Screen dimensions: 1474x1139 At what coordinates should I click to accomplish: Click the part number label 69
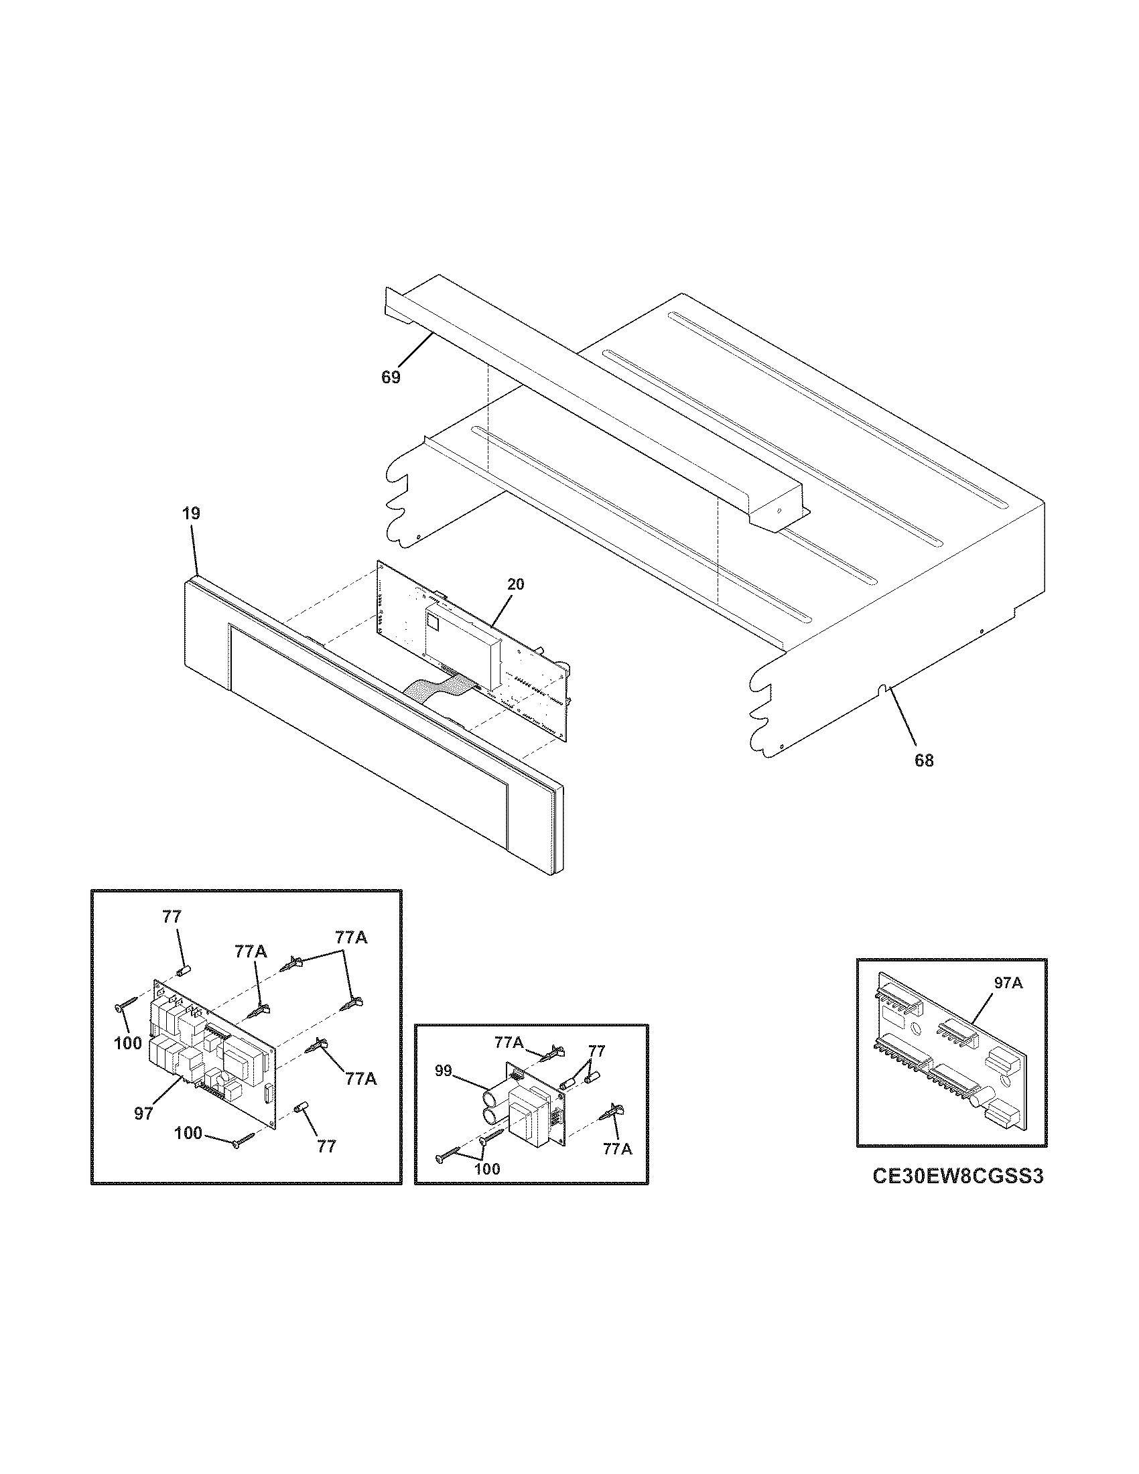[391, 377]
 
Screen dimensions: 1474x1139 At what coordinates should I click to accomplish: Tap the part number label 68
[924, 760]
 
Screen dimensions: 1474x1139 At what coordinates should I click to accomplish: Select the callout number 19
[191, 514]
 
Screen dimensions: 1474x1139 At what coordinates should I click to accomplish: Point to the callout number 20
[515, 584]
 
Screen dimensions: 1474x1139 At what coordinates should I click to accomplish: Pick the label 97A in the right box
[1008, 984]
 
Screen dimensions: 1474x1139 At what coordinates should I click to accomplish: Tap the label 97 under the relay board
[144, 1114]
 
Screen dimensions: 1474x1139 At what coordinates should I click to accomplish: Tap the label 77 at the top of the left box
[172, 917]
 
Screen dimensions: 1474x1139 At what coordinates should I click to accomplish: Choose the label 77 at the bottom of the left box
[326, 1146]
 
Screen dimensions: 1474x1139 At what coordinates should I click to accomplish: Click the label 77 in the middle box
[596, 1051]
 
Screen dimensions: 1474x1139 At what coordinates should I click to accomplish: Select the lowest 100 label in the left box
[188, 1133]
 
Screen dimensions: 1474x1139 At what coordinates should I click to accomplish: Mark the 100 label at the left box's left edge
[127, 1043]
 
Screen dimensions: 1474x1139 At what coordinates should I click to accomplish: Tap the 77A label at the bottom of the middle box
[618, 1149]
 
